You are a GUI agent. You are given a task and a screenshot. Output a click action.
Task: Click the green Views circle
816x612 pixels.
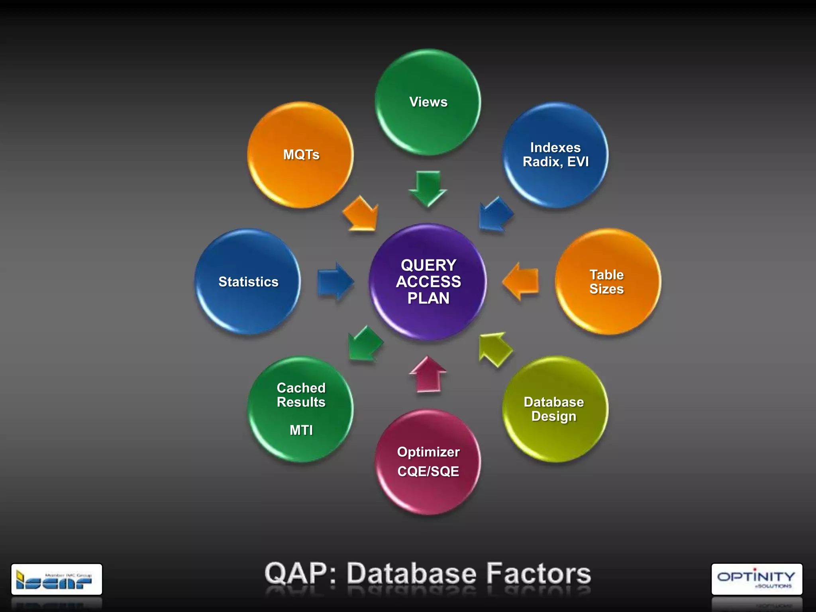pyautogui.click(x=428, y=102)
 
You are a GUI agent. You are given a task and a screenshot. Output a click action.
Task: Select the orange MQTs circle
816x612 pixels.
pyautogui.click(x=300, y=155)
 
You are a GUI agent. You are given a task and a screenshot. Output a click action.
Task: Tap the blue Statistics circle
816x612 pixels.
pyautogui.click(x=248, y=281)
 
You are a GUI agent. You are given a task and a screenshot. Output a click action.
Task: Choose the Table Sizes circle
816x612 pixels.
pyautogui.click(x=608, y=281)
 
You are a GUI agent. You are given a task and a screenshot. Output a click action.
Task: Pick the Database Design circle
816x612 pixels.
pyautogui.click(x=555, y=409)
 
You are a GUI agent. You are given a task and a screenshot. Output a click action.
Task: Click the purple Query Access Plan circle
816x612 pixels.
pyautogui.click(x=428, y=281)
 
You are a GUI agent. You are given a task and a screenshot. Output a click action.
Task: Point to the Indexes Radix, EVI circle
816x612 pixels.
pyautogui.click(x=555, y=155)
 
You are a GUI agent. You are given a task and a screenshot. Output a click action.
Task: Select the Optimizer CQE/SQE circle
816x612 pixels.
pyautogui.click(x=428, y=461)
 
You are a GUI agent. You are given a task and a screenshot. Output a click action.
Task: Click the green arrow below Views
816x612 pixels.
pyautogui.click(x=428, y=188)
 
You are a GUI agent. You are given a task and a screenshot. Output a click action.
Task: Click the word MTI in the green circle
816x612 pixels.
pyautogui.click(x=301, y=430)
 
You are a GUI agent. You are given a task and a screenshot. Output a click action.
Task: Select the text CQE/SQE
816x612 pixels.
pyautogui.click(x=428, y=471)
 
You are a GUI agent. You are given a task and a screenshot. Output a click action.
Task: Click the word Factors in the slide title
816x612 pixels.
pyautogui.click(x=539, y=574)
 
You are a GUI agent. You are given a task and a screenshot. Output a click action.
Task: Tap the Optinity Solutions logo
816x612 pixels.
pyautogui.click(x=757, y=579)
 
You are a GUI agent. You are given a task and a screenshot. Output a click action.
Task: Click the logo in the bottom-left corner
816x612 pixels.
pyautogui.click(x=57, y=579)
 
